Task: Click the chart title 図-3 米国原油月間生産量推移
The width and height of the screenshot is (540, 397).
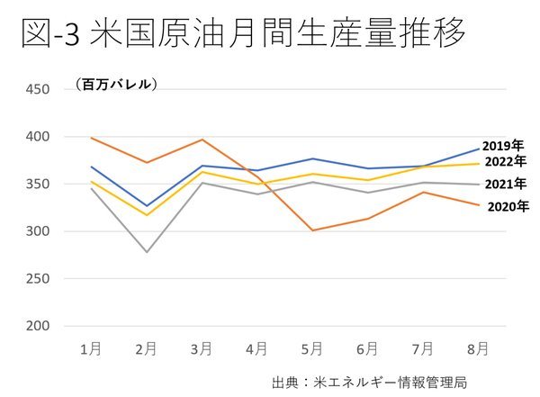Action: [243, 35]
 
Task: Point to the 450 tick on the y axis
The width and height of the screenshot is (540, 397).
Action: [39, 89]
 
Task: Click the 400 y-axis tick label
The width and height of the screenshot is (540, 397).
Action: [39, 137]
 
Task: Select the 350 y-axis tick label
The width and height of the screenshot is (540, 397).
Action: [39, 184]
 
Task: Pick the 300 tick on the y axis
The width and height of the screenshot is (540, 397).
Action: [39, 231]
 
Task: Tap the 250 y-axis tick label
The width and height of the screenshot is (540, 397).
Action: [39, 278]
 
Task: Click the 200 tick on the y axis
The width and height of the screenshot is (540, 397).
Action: [39, 326]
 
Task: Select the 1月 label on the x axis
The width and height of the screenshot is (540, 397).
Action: [91, 348]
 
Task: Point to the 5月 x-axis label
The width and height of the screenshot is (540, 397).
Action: [313, 348]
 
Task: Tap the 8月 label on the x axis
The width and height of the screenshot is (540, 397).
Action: [479, 348]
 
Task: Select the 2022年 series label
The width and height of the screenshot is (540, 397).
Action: [505, 161]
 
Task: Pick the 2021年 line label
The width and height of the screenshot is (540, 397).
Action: [505, 184]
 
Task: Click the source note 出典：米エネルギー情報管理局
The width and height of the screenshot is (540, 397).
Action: [370, 382]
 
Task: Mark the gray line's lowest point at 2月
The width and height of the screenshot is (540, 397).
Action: [147, 251]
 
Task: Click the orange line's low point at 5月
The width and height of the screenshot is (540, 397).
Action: [312, 230]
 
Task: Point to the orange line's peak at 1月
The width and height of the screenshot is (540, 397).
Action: [92, 138]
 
